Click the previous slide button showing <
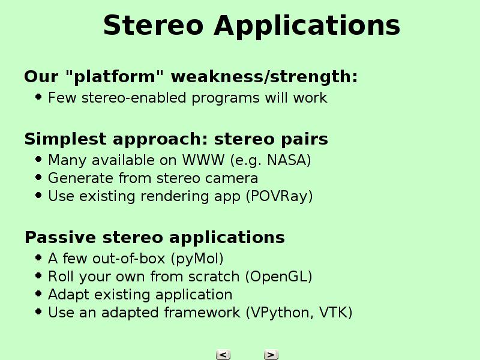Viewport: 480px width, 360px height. (223, 355)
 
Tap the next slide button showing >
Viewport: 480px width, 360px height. (271, 355)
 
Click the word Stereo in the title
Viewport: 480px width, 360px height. (154, 25)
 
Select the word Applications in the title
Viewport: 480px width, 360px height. (307, 26)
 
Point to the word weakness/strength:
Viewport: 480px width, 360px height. (264, 76)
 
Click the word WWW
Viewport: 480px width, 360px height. (203, 160)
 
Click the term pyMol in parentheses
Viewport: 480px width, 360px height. (197, 259)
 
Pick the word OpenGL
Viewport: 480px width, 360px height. (278, 277)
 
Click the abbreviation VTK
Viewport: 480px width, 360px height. (335, 313)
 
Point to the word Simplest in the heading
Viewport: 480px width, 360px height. (65, 139)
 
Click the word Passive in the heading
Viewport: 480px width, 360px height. (61, 237)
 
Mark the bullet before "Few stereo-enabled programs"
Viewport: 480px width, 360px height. (38, 97)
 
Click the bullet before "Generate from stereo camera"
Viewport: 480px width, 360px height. (38, 177)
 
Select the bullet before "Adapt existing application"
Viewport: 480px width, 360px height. (38, 293)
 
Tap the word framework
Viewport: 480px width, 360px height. (202, 313)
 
